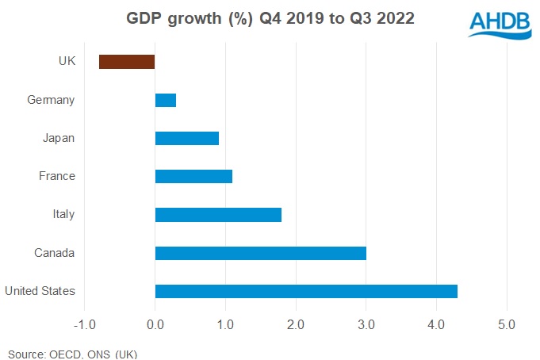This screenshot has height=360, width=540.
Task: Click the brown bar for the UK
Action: coord(127,62)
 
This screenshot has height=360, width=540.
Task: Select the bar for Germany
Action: coord(166,100)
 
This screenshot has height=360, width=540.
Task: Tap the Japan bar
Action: coord(187,138)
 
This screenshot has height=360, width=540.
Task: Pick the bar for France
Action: coord(193,176)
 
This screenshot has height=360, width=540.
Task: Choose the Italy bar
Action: coord(218,214)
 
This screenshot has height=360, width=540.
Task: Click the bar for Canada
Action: coord(261,253)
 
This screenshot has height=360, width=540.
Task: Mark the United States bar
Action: coord(306,291)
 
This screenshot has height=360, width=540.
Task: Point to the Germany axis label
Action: coord(51,100)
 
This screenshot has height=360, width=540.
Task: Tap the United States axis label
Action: coord(40,291)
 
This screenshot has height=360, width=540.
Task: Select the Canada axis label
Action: coord(54,253)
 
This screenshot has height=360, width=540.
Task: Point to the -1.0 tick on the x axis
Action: coord(83,324)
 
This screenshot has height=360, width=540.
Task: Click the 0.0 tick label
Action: coord(155,324)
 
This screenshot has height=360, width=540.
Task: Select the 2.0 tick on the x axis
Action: coord(296,324)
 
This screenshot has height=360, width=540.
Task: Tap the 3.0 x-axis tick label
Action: coord(366,324)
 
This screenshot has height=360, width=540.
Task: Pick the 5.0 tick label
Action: coord(507,324)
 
